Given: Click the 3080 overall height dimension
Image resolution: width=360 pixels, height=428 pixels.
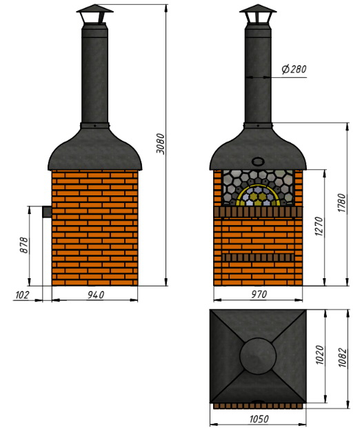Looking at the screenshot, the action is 161,144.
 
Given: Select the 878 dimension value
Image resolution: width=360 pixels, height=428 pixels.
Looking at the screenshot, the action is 24,245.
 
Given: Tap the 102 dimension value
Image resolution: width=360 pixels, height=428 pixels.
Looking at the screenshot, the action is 22,295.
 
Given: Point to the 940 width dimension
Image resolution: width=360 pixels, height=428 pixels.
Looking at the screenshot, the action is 96,295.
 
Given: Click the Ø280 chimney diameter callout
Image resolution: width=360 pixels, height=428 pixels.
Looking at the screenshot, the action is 294,69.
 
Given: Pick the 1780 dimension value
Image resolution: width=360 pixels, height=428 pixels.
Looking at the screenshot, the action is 342,203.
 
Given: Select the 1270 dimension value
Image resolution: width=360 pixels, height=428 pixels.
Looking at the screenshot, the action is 319,226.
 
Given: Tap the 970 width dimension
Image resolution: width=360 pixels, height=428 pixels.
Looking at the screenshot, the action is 259,294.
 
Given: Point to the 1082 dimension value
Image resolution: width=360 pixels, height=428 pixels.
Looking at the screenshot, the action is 342,358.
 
